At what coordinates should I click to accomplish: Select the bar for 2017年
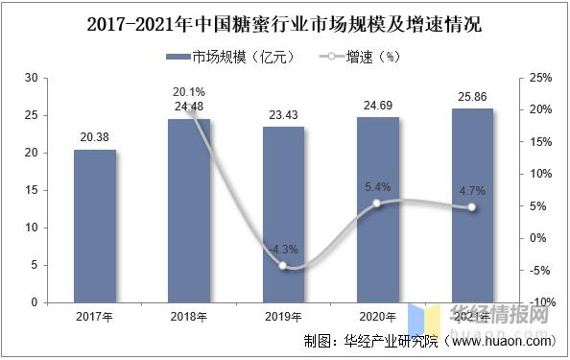pyautogui.click(x=95, y=226)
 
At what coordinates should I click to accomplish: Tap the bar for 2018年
pyautogui.click(x=189, y=211)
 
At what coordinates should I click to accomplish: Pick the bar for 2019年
pyautogui.click(x=283, y=215)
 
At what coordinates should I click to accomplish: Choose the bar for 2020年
pyautogui.click(x=377, y=210)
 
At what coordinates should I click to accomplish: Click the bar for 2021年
pyautogui.click(x=471, y=205)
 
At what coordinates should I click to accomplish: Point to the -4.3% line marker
pyautogui.click(x=283, y=266)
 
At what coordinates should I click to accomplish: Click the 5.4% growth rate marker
pyautogui.click(x=377, y=204)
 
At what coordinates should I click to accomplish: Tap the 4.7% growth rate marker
pyautogui.click(x=471, y=207)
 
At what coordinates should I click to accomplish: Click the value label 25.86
pyautogui.click(x=471, y=97)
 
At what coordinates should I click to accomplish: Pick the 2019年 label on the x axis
pyautogui.click(x=283, y=317)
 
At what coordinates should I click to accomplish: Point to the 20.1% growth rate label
pyautogui.click(x=189, y=92)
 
